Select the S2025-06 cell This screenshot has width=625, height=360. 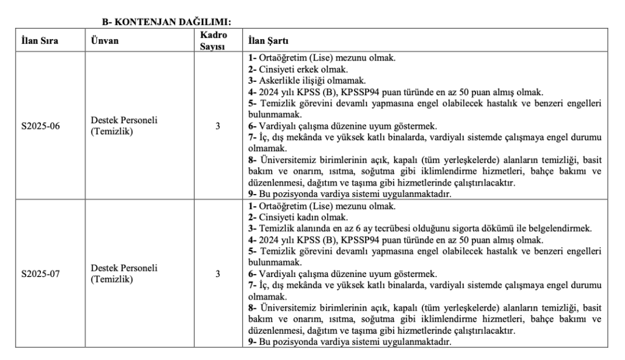tap(41, 127)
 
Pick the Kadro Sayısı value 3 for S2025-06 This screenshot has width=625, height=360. tap(217, 127)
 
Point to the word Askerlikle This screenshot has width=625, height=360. tap(278, 81)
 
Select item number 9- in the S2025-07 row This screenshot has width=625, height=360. tap(252, 342)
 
